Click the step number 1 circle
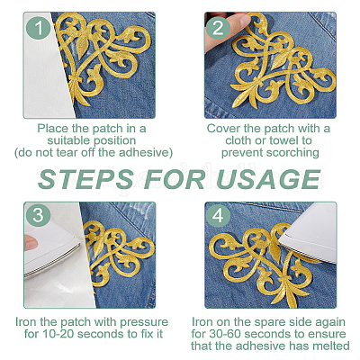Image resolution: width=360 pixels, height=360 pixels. tap(38, 28)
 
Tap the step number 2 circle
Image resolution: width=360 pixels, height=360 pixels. tap(218, 28)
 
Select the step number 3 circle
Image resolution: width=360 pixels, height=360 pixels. tap(38, 215)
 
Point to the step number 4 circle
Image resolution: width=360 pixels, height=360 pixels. tap(218, 215)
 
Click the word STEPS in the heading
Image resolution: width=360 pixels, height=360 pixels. tap(86, 179)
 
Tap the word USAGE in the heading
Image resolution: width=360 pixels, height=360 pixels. tap(268, 179)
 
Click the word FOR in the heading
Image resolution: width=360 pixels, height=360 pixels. tap(175, 179)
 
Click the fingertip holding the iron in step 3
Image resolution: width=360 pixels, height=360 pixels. tap(30, 242)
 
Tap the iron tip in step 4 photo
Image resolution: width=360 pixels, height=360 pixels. tap(282, 240)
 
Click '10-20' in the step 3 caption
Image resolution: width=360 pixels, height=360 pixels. tap(58, 334)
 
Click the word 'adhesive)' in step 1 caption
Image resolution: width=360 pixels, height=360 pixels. tap(146, 152)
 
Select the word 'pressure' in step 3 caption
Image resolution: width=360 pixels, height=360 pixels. tap(144, 322)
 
